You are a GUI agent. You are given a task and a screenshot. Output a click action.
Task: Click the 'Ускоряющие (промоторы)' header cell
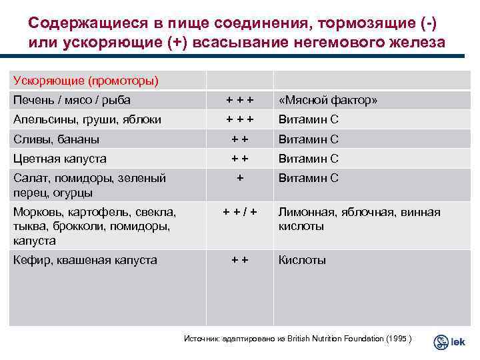87,81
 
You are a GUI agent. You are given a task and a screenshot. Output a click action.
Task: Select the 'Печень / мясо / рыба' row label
72,101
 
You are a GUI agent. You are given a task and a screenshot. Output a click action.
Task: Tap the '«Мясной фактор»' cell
328,101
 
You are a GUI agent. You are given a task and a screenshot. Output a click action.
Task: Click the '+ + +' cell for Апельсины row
239,120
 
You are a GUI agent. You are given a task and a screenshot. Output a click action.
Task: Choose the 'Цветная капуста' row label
60,159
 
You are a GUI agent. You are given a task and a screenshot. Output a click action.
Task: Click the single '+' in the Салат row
239,178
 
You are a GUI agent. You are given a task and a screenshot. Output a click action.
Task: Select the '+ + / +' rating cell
239,212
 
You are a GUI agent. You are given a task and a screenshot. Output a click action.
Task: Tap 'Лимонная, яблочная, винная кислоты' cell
359,219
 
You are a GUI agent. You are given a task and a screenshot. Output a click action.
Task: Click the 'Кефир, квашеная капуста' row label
85,260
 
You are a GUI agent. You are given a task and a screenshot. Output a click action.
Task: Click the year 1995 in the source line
397,339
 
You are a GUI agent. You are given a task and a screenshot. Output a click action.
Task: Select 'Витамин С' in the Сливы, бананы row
308,139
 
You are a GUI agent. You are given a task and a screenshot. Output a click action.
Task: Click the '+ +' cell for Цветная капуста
239,159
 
